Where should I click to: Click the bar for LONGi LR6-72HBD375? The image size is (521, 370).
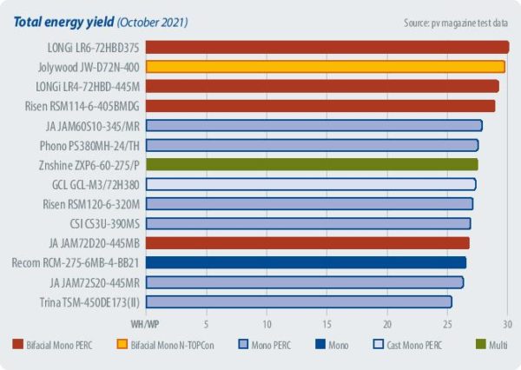point(326,47)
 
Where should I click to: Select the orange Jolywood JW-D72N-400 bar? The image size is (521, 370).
point(325,66)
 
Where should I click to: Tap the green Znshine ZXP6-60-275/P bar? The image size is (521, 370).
point(311,164)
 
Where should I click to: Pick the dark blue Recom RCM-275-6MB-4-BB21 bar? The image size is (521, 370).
point(306,262)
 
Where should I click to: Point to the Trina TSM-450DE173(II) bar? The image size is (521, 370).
point(299,301)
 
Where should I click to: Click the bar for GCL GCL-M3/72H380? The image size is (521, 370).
point(310,184)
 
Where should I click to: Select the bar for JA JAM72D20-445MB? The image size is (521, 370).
point(307,242)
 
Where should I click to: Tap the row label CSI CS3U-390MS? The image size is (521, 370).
point(103,223)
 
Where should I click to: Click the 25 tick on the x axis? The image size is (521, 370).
point(448,323)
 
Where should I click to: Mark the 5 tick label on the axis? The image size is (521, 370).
point(207,323)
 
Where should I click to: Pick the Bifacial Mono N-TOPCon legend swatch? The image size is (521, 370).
point(122,347)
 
